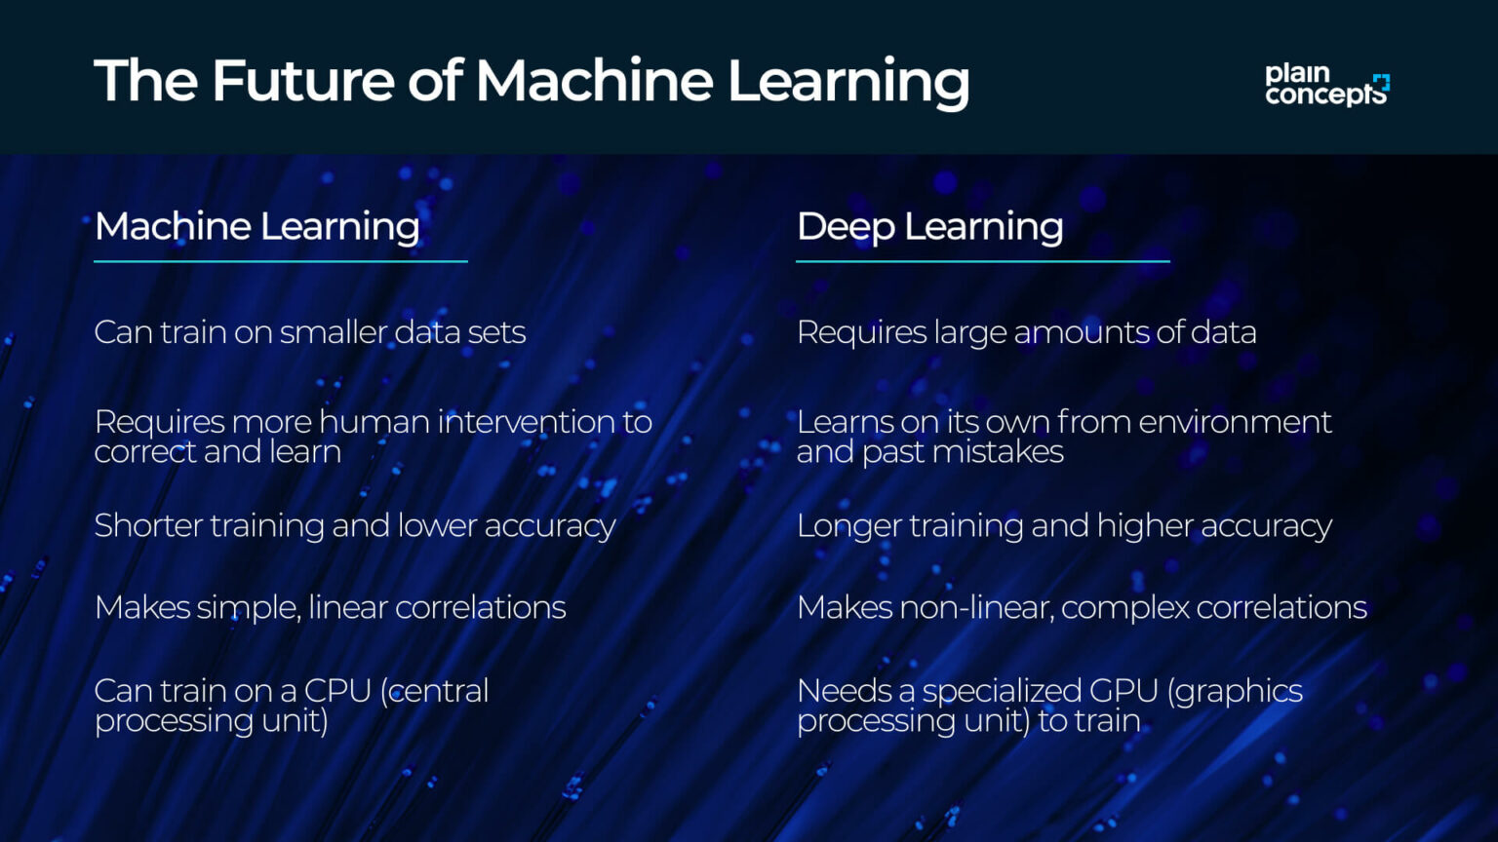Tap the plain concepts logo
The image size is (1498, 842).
[x=1326, y=84]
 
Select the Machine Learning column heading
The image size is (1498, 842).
[x=257, y=226]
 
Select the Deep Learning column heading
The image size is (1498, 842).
[x=929, y=226]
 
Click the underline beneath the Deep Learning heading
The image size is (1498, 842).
[x=982, y=261]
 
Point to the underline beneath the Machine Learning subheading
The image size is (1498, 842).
[x=280, y=261]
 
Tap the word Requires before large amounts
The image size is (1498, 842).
[x=860, y=332]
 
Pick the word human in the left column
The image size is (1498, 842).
[x=374, y=422]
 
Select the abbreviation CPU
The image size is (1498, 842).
[x=337, y=691]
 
